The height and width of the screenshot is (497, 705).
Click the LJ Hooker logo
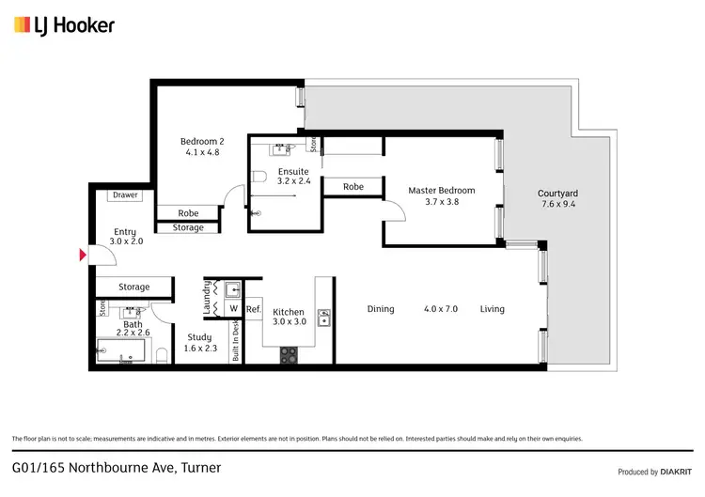(64, 25)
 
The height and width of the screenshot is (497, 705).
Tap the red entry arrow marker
(83, 255)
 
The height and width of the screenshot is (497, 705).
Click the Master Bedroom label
(441, 195)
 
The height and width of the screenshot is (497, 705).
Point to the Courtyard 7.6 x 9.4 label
(559, 198)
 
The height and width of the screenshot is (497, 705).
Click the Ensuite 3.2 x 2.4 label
(293, 177)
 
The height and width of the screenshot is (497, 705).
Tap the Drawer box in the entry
(125, 195)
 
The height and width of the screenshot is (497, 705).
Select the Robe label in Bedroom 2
(188, 213)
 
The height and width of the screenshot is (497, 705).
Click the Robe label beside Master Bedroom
(352, 187)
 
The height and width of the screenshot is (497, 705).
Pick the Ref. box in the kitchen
(253, 309)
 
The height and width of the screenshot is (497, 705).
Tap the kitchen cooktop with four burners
(289, 355)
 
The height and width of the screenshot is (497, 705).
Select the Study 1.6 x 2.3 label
(199, 342)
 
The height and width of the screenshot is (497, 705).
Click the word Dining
(381, 309)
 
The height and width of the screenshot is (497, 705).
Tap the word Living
(492, 309)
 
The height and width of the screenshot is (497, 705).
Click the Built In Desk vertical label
(236, 341)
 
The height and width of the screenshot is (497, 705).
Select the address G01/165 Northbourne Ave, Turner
(117, 467)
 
